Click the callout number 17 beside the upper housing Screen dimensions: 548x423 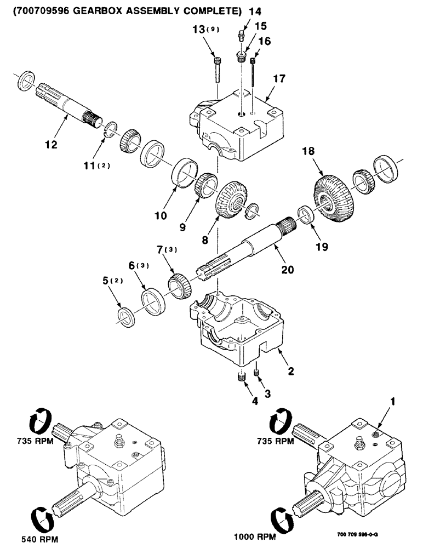tap(279, 79)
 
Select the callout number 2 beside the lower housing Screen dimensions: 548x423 tap(291, 371)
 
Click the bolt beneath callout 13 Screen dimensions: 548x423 tap(219, 65)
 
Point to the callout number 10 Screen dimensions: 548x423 tap(160, 217)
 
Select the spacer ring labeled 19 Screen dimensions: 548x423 tap(306, 214)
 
